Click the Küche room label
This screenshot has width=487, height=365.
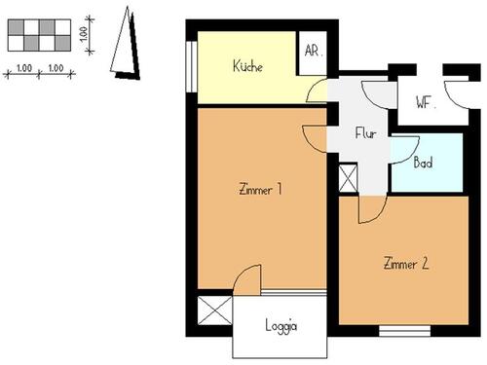click(249, 66)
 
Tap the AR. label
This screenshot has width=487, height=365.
click(314, 52)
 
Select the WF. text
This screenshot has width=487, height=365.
click(424, 102)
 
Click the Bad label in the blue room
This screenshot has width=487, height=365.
click(424, 164)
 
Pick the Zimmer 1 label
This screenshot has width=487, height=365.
click(260, 190)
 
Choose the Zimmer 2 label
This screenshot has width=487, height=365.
click(406, 263)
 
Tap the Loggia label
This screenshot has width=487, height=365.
click(281, 326)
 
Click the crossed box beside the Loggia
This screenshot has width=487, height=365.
click(213, 311)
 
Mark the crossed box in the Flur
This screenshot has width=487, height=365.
click(348, 178)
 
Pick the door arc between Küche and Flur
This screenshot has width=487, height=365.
click(317, 91)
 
